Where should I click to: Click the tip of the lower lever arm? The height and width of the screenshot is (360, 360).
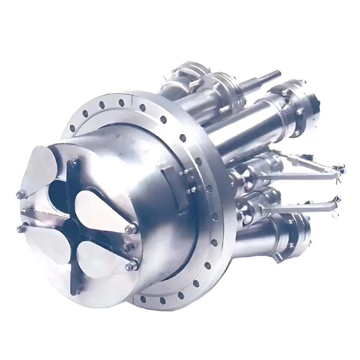pyautogui.click(x=337, y=200)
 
